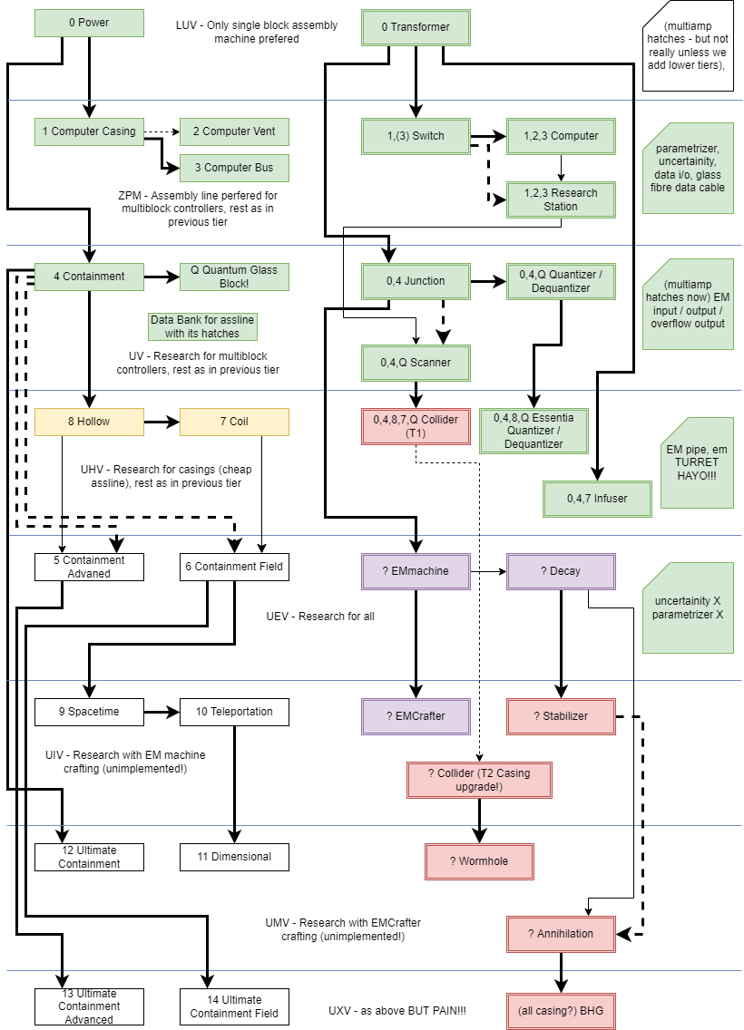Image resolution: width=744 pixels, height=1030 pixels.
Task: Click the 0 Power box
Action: click(x=89, y=23)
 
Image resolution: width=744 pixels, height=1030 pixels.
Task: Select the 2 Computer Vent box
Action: click(x=234, y=131)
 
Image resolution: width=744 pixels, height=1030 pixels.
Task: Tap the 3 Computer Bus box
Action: click(x=234, y=168)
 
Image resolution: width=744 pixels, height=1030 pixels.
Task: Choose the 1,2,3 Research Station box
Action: click(x=561, y=199)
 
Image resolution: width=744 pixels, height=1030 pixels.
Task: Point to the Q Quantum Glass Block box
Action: click(x=234, y=277)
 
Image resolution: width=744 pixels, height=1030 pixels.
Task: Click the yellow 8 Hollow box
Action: click(x=89, y=422)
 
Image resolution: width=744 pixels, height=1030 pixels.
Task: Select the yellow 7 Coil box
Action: click(x=234, y=422)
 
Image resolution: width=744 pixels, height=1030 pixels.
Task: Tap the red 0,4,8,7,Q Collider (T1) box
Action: click(x=416, y=426)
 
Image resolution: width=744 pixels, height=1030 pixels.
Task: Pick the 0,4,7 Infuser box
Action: click(x=597, y=499)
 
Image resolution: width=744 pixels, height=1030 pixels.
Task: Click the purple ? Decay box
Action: click(x=561, y=571)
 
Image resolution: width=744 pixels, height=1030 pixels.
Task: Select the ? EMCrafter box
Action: click(x=416, y=716)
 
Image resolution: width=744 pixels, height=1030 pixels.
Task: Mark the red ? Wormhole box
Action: click(x=479, y=861)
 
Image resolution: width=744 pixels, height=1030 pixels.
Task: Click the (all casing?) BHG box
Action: click(x=561, y=1011)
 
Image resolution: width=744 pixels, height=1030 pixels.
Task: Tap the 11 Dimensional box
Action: click(x=234, y=857)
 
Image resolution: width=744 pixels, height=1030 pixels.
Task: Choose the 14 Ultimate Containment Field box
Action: click(x=234, y=1006)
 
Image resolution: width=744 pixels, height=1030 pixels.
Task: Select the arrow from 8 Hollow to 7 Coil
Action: click(x=162, y=422)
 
